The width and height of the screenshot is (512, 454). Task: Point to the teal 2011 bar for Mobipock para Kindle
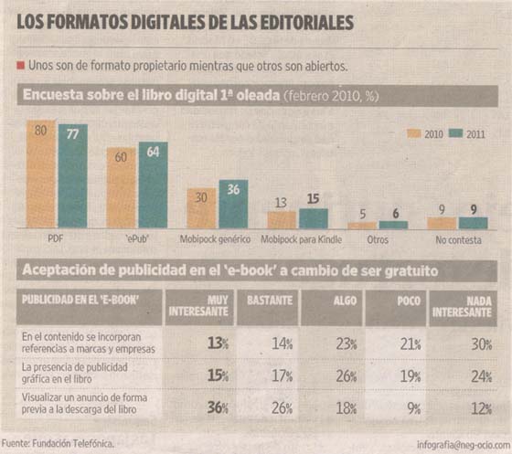point(314,217)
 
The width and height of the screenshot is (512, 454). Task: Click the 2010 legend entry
point(431,133)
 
